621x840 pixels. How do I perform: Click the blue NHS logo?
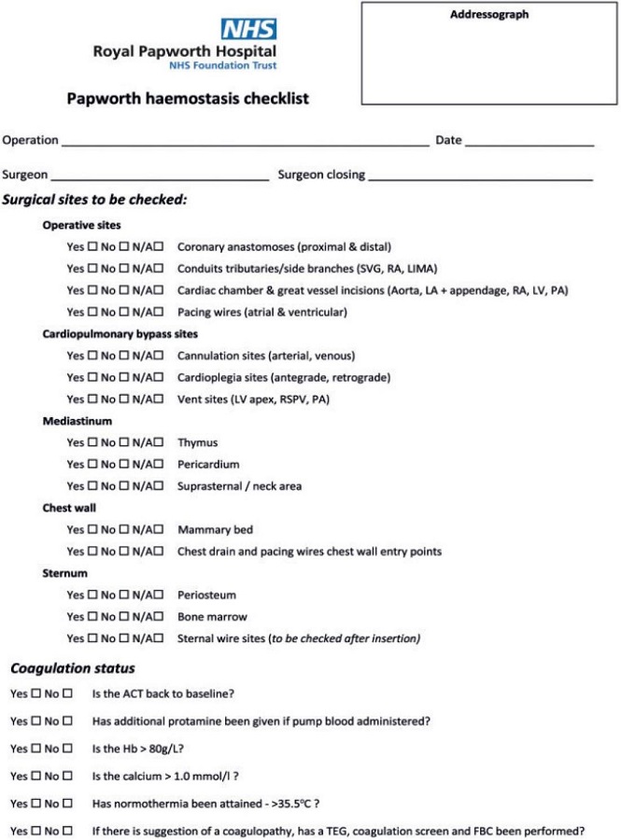(249, 29)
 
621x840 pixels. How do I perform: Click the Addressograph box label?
(489, 15)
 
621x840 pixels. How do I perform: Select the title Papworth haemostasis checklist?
(187, 98)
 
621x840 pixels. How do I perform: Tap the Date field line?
(529, 144)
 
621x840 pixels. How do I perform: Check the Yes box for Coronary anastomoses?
(92, 247)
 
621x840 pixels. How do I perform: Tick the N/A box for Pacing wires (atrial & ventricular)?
(160, 312)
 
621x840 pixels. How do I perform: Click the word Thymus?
(197, 443)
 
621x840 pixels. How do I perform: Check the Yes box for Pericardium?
(92, 465)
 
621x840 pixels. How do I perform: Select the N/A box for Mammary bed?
(160, 530)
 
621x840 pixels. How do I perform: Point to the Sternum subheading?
(64, 573)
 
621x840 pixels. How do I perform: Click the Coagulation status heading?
(72, 668)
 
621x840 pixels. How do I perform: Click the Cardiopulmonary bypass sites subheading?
(120, 334)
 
